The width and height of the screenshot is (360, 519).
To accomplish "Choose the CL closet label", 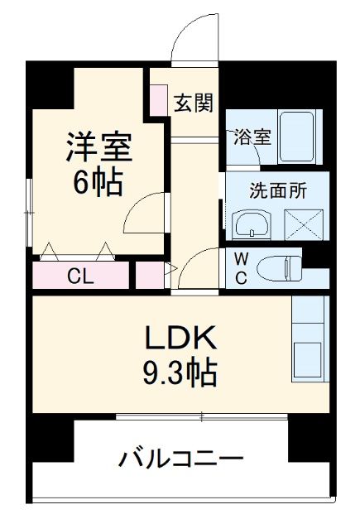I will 80,276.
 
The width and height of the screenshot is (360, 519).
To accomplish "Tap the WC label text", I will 239,267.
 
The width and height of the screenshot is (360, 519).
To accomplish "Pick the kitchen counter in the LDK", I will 310,339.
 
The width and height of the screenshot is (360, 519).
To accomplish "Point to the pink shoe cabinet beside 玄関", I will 157,99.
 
